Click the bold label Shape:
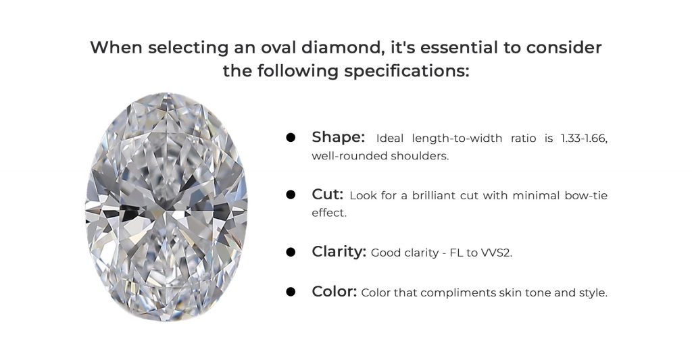338,137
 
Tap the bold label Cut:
327,194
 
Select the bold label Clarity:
339,252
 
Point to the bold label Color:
334,291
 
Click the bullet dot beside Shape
291,137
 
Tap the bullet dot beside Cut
291,195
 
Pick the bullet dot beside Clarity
291,252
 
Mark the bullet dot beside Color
291,292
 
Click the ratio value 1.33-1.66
584,138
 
